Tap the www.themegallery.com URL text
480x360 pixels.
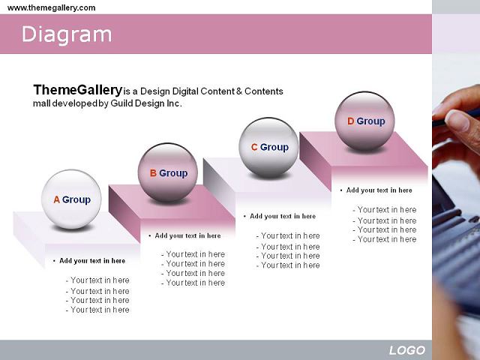[51, 7]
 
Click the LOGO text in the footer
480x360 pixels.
[407, 350]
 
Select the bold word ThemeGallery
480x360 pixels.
[78, 90]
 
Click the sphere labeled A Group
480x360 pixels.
[71, 199]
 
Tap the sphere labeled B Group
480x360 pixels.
[168, 172]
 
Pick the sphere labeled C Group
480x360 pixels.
[268, 147]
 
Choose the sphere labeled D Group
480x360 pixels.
[364, 121]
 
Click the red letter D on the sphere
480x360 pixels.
[351, 121]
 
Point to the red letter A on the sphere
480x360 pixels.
[57, 199]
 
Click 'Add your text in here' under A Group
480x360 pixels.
[92, 261]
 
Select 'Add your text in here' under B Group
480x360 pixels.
[187, 235]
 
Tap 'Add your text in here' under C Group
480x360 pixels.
[283, 216]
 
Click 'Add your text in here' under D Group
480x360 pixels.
[379, 190]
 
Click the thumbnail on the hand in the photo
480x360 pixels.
[457, 121]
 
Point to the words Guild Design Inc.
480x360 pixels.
[146, 103]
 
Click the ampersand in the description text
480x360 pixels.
[239, 91]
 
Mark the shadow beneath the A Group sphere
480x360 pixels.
[72, 228]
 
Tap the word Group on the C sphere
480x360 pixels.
[274, 147]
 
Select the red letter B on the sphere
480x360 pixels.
[153, 173]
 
